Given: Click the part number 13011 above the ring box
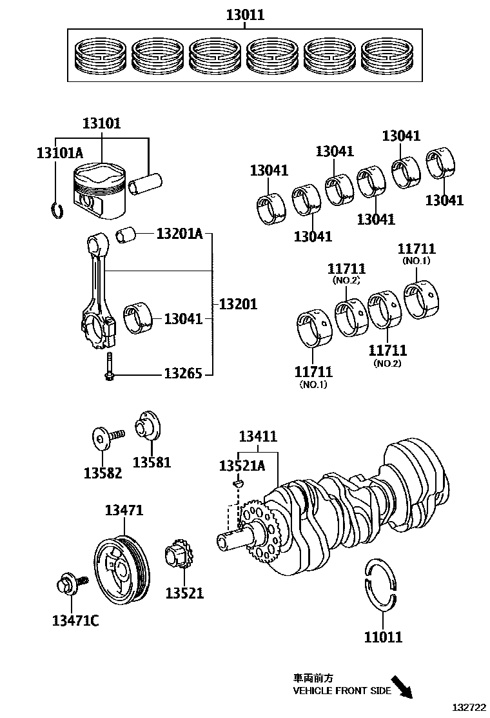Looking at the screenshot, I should tap(245, 14).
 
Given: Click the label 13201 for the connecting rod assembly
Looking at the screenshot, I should tap(238, 304).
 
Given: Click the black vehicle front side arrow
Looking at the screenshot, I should tap(402, 686).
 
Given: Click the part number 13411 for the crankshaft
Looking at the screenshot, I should tap(258, 437).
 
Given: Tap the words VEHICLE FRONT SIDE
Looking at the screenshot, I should tap(342, 690).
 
